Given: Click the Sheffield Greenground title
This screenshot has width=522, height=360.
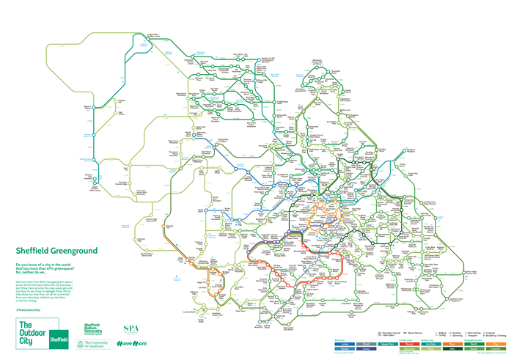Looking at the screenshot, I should point(52,250).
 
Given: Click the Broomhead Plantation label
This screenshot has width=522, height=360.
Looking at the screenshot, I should point(185,95).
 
